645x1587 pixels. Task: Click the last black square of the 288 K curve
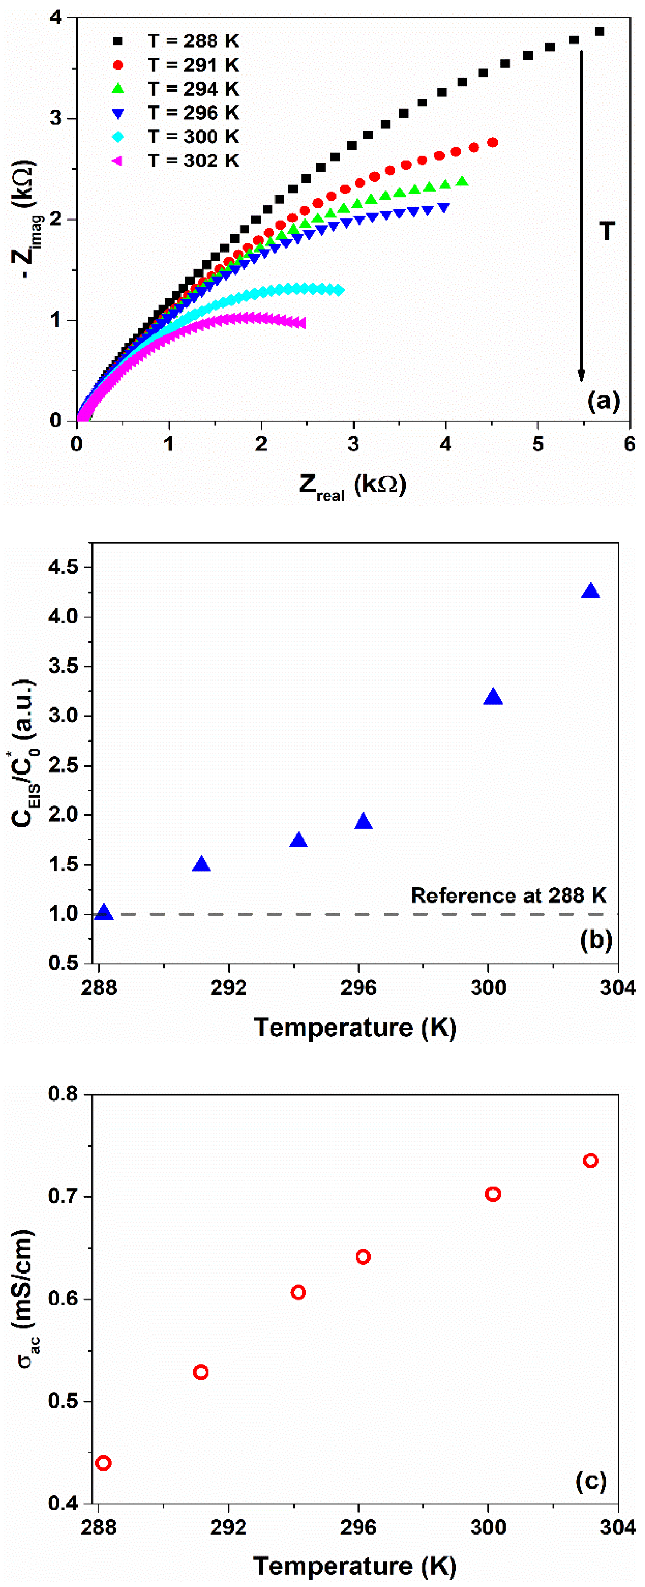pos(599,32)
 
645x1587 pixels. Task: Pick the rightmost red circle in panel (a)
pos(492,143)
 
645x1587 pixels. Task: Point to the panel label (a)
pos(603,401)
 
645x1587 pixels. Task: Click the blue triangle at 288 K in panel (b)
pos(104,912)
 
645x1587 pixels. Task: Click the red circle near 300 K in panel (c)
pos(493,1194)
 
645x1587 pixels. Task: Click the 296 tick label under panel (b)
pos(358,988)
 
